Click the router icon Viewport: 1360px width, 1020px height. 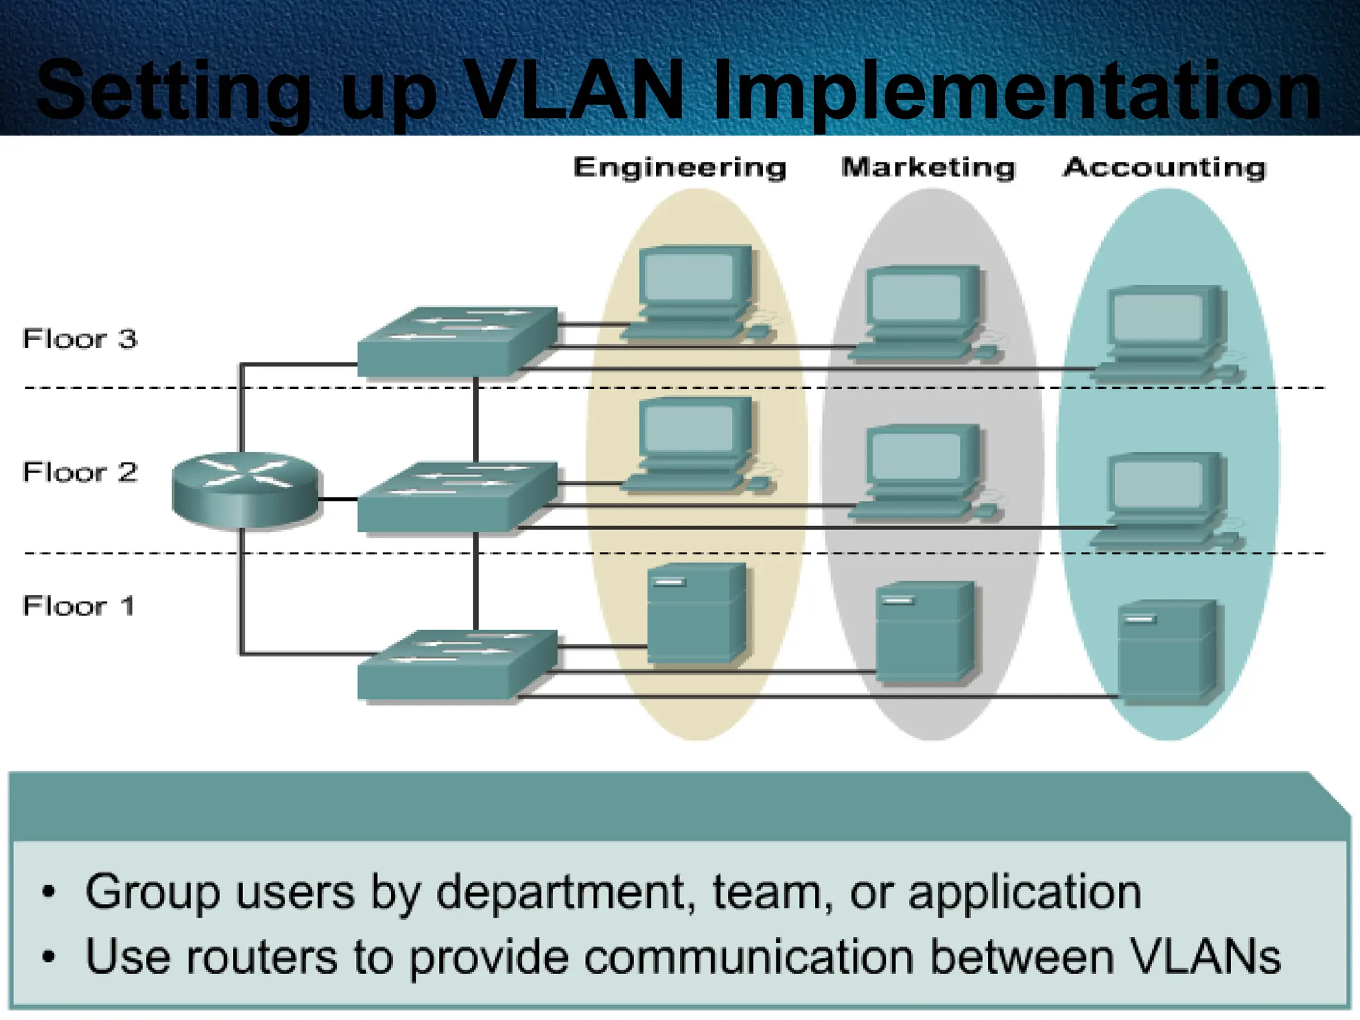coord(245,490)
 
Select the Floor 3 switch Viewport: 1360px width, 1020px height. coord(457,341)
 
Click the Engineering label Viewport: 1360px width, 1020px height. coord(679,167)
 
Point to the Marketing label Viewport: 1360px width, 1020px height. coord(928,167)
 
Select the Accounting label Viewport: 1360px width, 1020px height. coord(1165,167)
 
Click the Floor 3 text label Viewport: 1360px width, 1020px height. coord(80,339)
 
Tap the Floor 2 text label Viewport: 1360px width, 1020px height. coord(80,472)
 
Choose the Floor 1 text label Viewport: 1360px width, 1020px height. coord(78,606)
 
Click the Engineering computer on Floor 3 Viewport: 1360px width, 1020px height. coord(694,292)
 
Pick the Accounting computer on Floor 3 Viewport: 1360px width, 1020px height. coord(1165,332)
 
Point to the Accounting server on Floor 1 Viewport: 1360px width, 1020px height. coord(1166,651)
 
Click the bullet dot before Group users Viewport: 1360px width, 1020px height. coord(48,892)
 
